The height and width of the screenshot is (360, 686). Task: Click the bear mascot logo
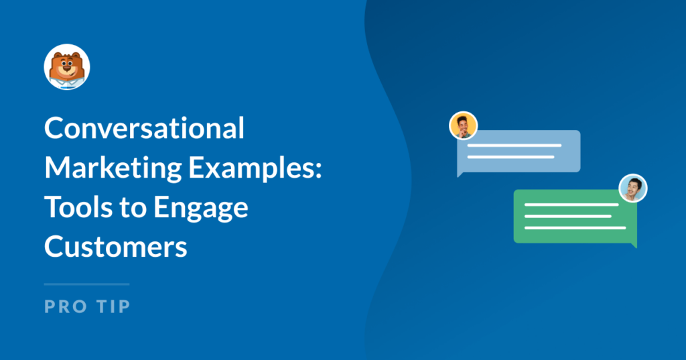(67, 67)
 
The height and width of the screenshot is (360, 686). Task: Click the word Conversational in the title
(144, 129)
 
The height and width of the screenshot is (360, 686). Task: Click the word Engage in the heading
(200, 209)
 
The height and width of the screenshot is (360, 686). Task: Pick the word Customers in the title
(115, 247)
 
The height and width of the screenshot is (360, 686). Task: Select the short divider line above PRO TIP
(86, 284)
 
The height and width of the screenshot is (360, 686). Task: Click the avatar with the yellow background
(463, 125)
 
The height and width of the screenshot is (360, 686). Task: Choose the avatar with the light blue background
(632, 188)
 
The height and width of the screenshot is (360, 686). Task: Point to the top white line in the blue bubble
(514, 145)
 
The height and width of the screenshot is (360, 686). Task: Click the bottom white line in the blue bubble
(510, 157)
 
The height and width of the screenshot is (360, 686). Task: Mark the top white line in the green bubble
(571, 204)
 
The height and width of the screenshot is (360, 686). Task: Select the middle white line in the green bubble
(567, 216)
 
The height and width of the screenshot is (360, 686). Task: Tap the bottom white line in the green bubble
(575, 228)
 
